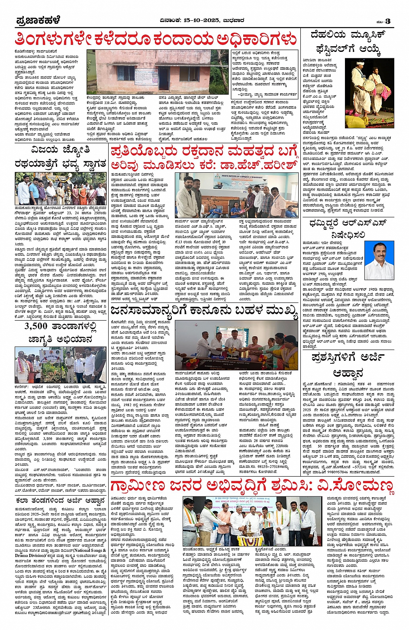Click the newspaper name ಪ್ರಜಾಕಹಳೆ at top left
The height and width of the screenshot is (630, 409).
[x=38, y=21]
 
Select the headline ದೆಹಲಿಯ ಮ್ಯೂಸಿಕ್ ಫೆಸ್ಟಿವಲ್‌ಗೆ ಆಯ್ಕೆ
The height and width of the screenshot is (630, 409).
[x=346, y=42]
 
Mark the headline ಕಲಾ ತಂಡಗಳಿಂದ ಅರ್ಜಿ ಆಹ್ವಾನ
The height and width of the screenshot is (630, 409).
[x=60, y=501]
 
